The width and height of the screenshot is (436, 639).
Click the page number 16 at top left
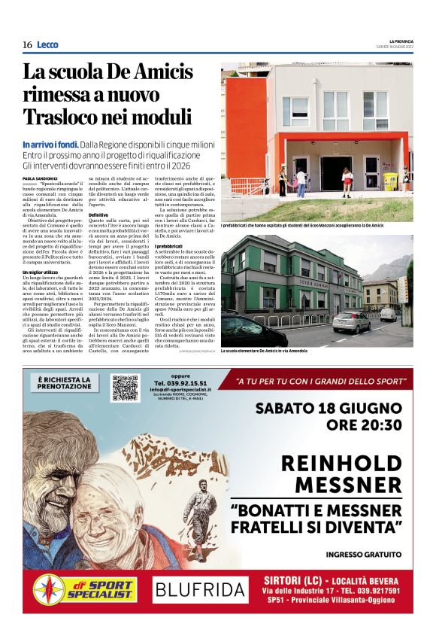coord(27,45)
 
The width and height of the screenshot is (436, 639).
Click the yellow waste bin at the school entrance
coord(390,181)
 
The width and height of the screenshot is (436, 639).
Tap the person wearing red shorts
coord(347,181)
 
